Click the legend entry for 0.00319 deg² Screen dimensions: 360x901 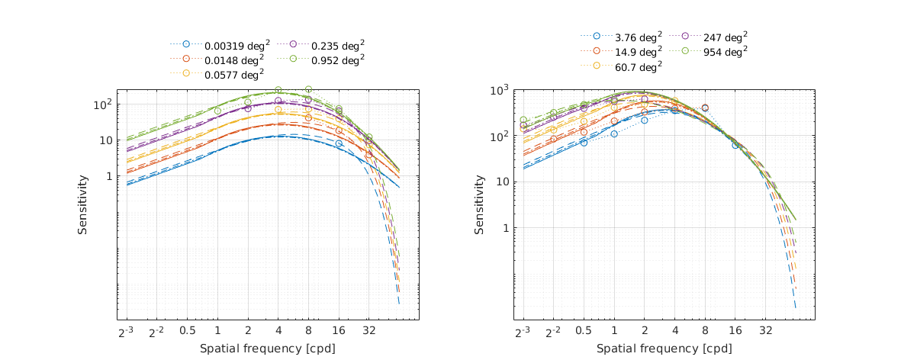[237, 44]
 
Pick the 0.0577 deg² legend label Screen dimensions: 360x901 [234, 73]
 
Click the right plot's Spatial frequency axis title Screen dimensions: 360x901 [664, 349]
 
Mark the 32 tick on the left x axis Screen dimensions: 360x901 [368, 332]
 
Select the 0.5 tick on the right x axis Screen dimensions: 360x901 [584, 332]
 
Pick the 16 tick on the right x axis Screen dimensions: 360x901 [735, 332]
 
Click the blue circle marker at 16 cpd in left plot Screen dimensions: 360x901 [339, 143]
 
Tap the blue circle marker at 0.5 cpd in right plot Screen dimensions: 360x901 [584, 143]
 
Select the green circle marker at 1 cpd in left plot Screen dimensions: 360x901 [217, 111]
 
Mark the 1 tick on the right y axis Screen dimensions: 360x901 [504, 227]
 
